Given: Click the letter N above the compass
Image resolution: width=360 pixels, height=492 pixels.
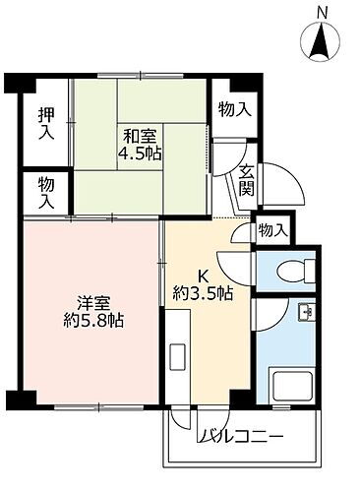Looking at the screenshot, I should click(x=323, y=11).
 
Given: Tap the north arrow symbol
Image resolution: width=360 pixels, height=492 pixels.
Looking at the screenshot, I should click(x=323, y=42).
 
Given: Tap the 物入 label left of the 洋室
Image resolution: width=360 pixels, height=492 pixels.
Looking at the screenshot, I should click(x=46, y=191).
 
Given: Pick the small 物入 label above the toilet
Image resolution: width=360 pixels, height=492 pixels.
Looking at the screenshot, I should click(x=271, y=229).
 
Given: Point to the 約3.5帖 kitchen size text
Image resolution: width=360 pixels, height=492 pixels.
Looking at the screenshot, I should click(x=204, y=292).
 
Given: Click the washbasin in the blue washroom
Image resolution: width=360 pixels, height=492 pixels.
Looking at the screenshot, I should click(x=304, y=316).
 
